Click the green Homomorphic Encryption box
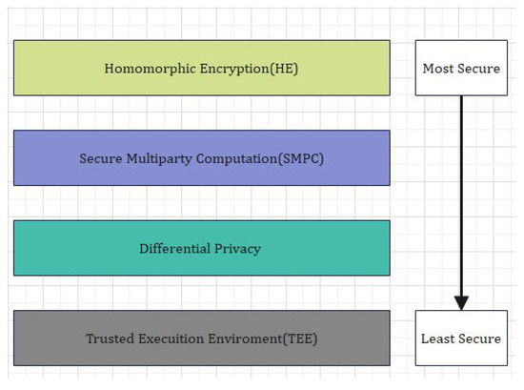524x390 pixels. point(201,68)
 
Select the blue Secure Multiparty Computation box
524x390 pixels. point(201,157)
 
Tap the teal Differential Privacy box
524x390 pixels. point(201,248)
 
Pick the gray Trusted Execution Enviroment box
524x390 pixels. point(201,338)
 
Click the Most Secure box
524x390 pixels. point(461,68)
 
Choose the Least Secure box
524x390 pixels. point(461,338)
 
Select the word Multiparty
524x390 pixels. point(161,157)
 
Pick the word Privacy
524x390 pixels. point(238,249)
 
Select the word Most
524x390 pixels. point(439,69)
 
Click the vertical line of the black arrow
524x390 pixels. point(461,191)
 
